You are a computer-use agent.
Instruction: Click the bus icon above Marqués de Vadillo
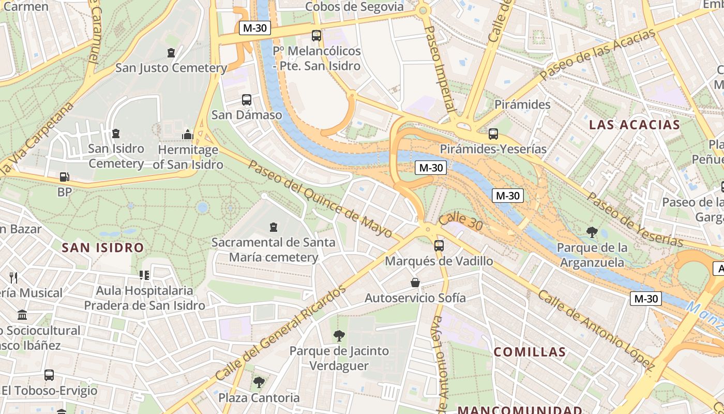439,246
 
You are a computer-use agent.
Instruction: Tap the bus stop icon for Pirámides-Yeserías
493,134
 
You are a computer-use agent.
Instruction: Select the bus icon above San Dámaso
247,100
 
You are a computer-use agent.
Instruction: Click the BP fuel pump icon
64,177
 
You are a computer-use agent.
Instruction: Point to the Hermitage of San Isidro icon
187,135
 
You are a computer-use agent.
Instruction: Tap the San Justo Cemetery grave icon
171,53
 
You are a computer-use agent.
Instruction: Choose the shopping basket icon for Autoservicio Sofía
415,283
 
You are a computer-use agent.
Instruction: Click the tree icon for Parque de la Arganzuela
592,232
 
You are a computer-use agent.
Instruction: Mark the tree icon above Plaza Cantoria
259,382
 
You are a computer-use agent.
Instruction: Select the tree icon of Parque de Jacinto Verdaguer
339,336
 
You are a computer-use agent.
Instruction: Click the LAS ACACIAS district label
635,125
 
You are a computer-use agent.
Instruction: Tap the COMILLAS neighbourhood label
530,352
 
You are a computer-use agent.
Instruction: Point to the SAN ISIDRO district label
102,247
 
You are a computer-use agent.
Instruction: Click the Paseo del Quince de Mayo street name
321,199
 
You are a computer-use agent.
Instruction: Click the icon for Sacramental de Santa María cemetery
274,227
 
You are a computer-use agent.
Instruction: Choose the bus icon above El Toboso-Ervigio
49,375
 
